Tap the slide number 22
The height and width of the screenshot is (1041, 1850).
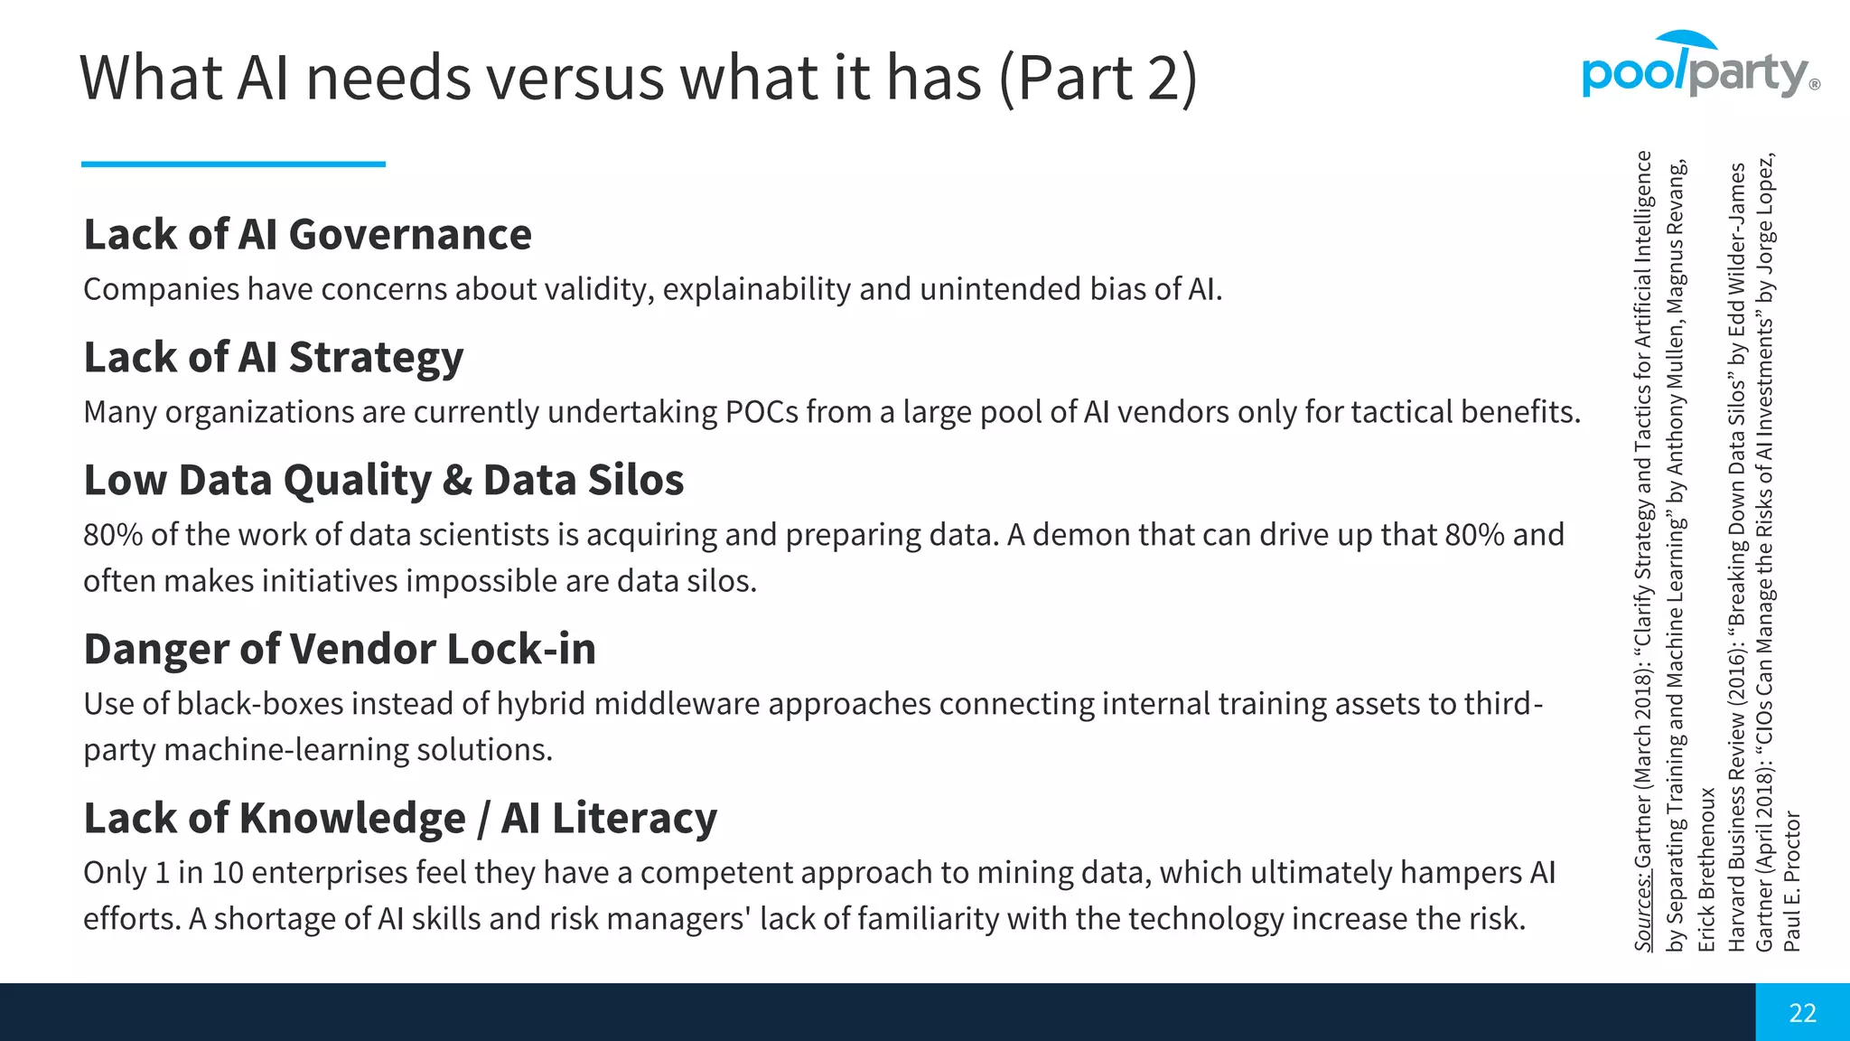[1802, 1013]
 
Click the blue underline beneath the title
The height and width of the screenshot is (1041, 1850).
[233, 164]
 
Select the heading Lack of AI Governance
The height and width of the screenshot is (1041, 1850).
[307, 235]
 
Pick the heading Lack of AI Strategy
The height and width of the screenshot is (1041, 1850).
[273, 358]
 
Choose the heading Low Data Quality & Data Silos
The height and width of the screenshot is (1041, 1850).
[383, 481]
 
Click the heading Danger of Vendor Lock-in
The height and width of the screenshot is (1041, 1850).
[340, 650]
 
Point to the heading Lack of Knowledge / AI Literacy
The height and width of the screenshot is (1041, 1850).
[399, 819]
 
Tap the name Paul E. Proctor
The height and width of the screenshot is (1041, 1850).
[1792, 881]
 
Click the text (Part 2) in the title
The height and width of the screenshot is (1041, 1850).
[1098, 79]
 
